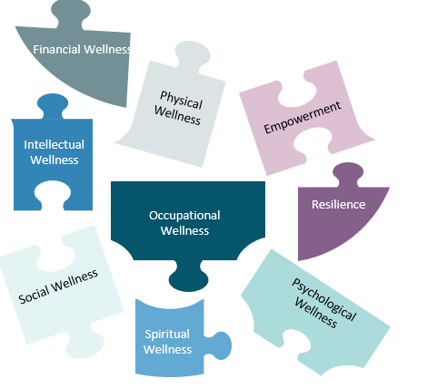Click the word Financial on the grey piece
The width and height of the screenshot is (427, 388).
click(x=57, y=49)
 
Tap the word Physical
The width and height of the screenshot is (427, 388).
click(x=181, y=100)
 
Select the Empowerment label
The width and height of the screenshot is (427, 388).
click(x=303, y=118)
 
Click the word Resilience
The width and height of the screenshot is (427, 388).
click(x=338, y=205)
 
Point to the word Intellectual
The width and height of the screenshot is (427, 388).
click(x=55, y=144)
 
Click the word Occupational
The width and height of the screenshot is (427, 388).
click(x=184, y=216)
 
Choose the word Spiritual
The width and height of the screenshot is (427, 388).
click(x=167, y=335)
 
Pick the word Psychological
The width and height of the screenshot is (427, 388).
click(x=323, y=299)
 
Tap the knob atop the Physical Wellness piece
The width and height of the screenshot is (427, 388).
click(x=193, y=56)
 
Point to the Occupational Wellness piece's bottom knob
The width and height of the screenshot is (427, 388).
click(x=189, y=276)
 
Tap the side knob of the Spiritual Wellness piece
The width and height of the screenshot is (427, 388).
click(x=219, y=345)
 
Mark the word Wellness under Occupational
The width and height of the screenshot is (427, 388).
click(x=184, y=231)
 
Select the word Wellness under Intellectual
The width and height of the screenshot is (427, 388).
click(x=55, y=160)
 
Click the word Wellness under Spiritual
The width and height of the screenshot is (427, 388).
click(x=167, y=350)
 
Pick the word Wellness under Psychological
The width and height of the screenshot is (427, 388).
click(x=316, y=313)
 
